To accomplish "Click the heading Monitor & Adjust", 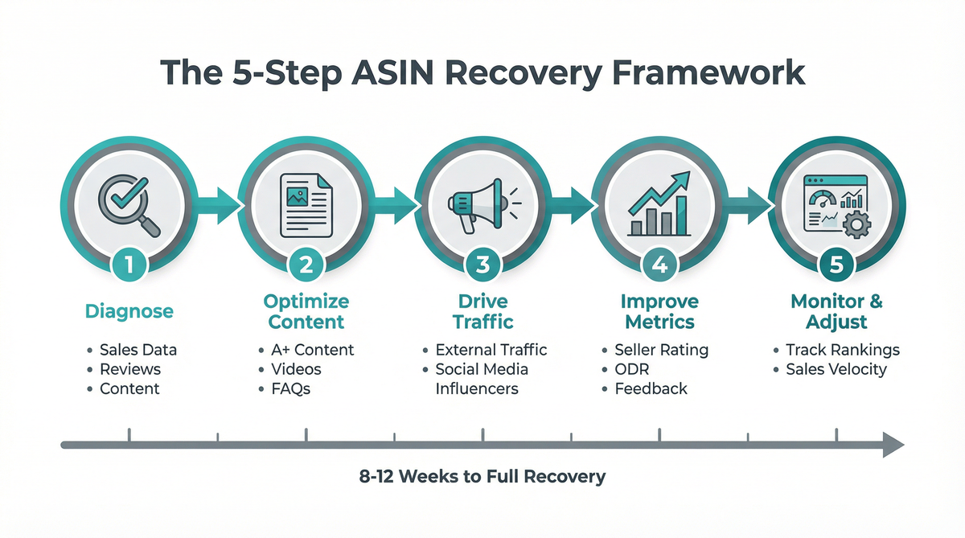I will coord(836,312).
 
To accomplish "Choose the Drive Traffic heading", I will coord(482,312).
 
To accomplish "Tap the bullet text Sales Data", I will coord(138,350).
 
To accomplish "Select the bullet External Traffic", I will coord(491,350).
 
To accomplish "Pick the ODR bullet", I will coord(630,369).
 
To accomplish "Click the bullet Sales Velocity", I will coord(837,369).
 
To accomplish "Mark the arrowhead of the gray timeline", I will coord(893,444).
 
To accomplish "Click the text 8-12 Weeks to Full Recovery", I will coord(482,476).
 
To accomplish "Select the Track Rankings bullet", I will coord(843,350).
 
